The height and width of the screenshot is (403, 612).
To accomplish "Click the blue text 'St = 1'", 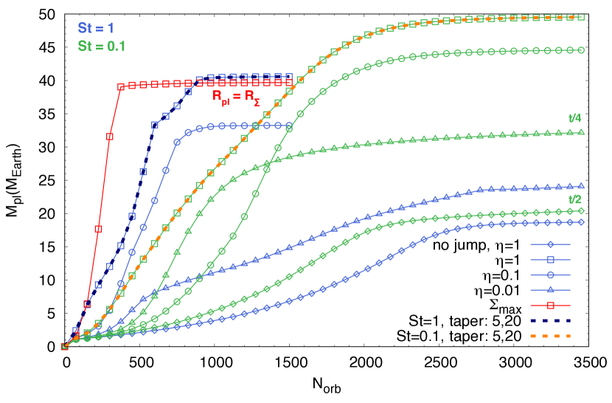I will click(x=96, y=28).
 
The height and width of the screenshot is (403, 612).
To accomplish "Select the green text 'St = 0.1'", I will click(x=102, y=46).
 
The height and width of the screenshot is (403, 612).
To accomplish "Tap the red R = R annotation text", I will click(x=236, y=97).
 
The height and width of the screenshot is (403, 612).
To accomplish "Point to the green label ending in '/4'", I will click(x=575, y=118).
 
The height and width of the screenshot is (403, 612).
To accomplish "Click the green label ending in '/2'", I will click(x=575, y=199).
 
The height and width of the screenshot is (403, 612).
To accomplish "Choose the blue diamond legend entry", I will click(x=550, y=244).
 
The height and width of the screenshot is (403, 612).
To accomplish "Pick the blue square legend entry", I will click(x=550, y=259).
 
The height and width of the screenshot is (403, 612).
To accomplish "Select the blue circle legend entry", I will click(x=550, y=275).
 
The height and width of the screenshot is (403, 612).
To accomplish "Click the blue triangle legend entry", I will click(x=550, y=289).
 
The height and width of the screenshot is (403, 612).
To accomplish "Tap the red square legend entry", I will click(x=550, y=305).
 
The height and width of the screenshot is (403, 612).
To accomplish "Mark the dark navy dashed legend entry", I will click(x=550, y=320).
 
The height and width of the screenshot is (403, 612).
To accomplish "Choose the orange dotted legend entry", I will click(x=550, y=336).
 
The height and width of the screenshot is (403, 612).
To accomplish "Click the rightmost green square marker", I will click(x=581, y=17).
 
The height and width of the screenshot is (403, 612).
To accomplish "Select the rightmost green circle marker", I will click(x=581, y=50).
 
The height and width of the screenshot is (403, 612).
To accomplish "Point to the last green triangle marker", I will click(x=581, y=132).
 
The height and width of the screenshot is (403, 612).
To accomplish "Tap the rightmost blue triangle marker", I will click(x=581, y=185).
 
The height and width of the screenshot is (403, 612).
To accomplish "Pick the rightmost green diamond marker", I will click(x=581, y=210).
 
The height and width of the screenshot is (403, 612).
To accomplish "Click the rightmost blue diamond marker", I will click(x=581, y=221).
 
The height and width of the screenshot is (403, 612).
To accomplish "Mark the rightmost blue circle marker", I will click(x=289, y=125).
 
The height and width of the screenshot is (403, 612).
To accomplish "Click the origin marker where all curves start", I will click(x=64, y=346).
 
